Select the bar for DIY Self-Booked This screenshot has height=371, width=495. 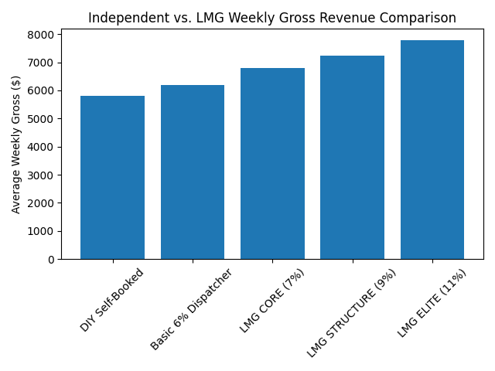coord(112,178)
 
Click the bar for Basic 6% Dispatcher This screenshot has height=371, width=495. coord(193,172)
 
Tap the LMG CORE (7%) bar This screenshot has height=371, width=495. coord(272,164)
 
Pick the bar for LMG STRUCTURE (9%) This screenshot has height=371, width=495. coord(352,158)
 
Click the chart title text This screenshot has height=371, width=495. coord(272,18)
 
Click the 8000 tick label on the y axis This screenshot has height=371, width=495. coord(43,35)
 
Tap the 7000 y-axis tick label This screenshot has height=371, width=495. coord(43,63)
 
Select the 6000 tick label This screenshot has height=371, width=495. coord(43,90)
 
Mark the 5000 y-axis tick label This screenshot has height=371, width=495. coord(43,119)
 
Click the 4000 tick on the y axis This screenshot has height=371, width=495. coord(43,147)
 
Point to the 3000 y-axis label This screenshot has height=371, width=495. coord(43,175)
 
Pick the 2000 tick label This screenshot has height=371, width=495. coord(43,203)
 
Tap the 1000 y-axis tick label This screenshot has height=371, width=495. coord(43,231)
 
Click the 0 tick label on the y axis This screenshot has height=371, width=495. coord(50,260)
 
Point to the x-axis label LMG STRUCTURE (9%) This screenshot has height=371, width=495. coord(352,312)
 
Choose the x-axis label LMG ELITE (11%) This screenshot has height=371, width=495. coord(432,303)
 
